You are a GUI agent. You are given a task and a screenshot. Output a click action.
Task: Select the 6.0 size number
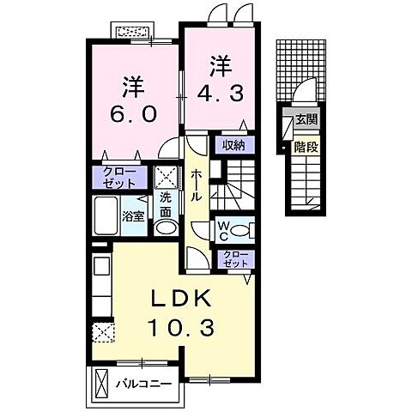pos(131,113)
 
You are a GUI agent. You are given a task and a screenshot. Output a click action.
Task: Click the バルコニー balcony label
pos(144,383)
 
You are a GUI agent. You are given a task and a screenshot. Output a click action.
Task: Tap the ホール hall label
pos(197,185)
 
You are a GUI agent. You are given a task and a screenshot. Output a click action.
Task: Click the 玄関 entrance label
pos(306,120)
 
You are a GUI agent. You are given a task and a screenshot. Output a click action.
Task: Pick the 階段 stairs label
pos(306,147)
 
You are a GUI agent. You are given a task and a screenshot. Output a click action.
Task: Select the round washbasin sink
pos(167,227)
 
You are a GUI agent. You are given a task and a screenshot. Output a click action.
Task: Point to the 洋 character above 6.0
pos(131,86)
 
